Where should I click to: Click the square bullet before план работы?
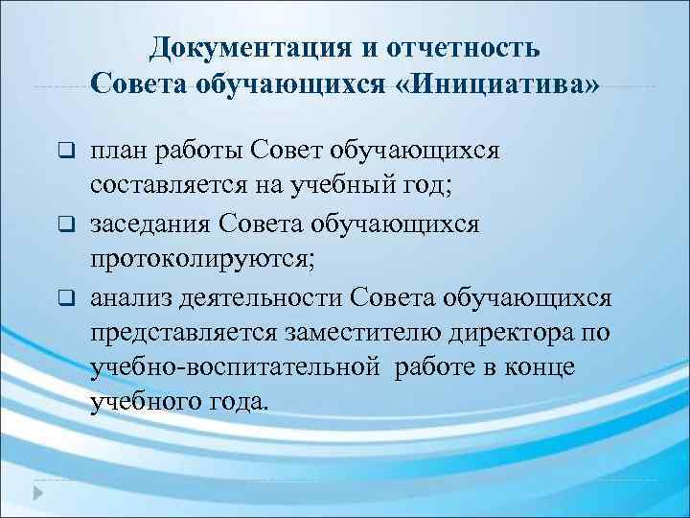65,152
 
